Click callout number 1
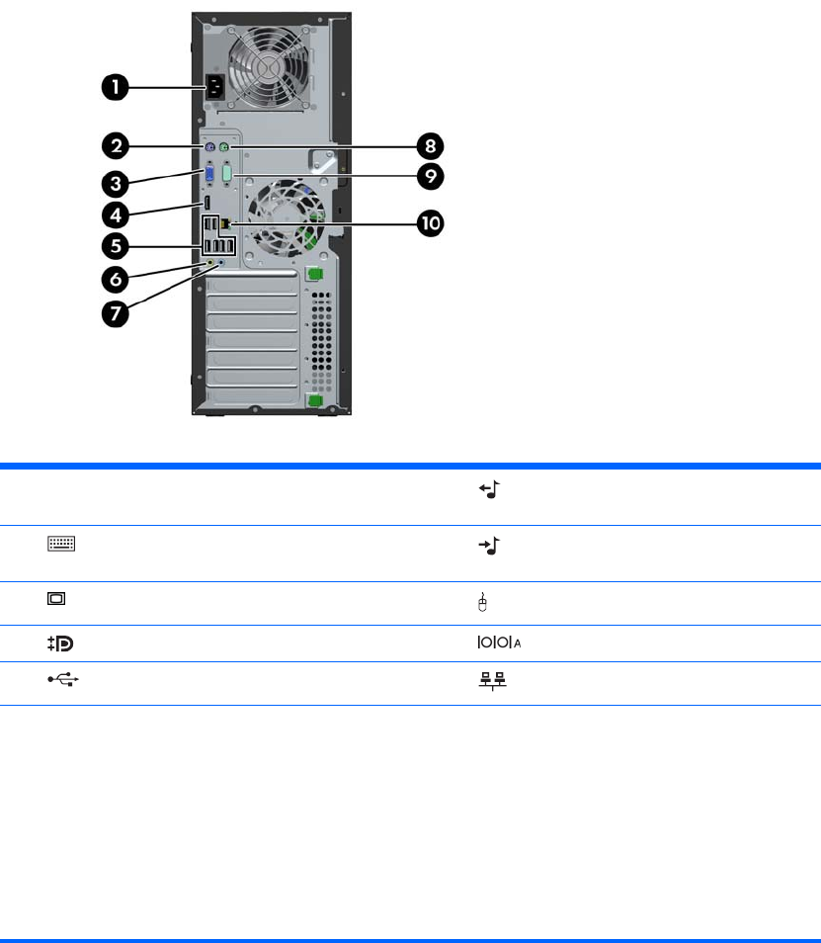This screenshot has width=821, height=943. click(x=116, y=87)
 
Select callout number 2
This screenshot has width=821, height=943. click(x=116, y=147)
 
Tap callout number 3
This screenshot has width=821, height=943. click(x=116, y=182)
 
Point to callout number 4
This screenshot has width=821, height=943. click(x=116, y=214)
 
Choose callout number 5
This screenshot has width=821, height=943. click(x=116, y=246)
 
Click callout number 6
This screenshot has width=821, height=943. click(x=116, y=280)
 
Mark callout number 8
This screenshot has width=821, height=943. click(x=430, y=147)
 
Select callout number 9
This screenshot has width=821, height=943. click(x=430, y=177)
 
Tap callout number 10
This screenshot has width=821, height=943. click(x=430, y=224)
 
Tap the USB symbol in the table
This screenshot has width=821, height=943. click(x=62, y=682)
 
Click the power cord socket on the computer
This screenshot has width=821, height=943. click(x=217, y=88)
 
